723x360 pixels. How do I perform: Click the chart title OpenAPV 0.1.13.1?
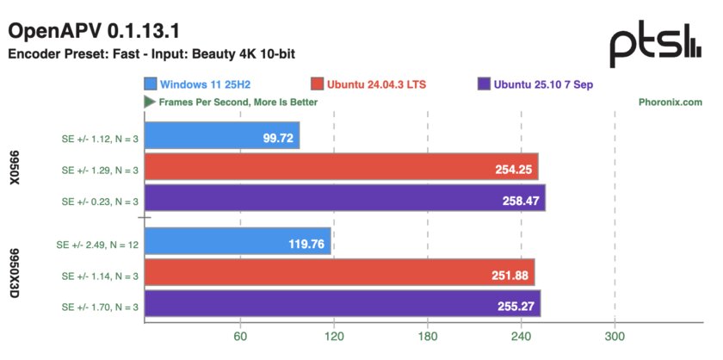click(94, 31)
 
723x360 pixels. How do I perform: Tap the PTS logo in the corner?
click(655, 46)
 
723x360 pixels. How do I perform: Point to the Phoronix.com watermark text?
click(670, 102)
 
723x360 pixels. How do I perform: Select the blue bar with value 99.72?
click(222, 139)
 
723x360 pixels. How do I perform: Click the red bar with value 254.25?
click(341, 170)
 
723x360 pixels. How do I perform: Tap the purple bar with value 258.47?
click(344, 202)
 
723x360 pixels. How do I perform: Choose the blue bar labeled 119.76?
click(238, 244)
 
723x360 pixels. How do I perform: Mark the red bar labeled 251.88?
click(339, 275)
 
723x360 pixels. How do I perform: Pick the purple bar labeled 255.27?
click(343, 306)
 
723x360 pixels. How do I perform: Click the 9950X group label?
click(15, 170)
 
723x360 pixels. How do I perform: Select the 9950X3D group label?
click(15, 275)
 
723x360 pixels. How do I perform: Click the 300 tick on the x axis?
click(615, 337)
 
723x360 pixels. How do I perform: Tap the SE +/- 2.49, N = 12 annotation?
click(95, 244)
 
